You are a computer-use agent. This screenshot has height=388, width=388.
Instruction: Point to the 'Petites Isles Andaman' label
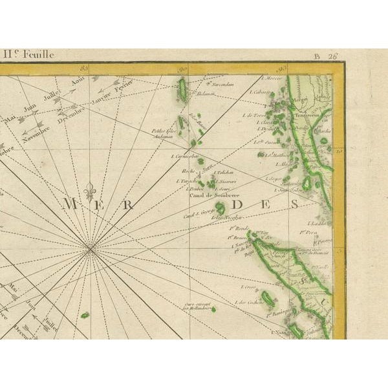click(164, 133)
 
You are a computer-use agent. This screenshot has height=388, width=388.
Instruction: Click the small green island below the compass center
click(85, 315)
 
